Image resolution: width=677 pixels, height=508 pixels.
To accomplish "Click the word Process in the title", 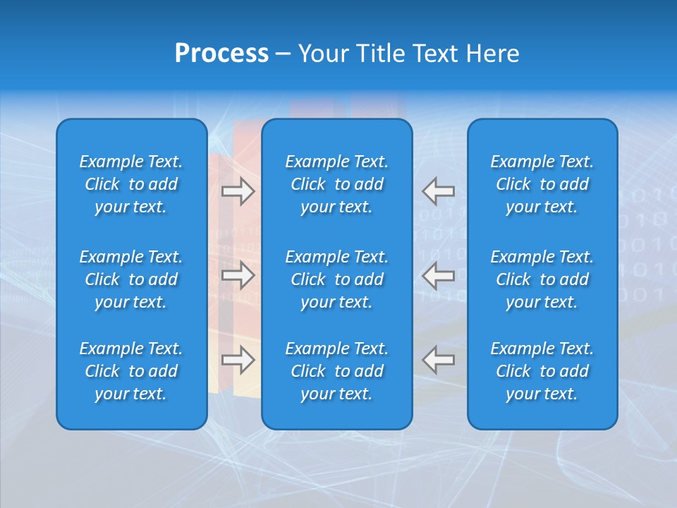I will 221,54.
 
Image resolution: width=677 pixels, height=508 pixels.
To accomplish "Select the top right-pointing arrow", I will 238,191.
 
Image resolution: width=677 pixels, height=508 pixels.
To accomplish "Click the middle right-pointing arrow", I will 238,276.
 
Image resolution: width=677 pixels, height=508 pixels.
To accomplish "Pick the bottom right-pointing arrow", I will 238,361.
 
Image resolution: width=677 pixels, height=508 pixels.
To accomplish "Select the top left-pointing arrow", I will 439,191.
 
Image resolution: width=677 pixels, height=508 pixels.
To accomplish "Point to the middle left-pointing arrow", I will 439,276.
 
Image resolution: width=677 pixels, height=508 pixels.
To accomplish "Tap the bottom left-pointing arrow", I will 439,361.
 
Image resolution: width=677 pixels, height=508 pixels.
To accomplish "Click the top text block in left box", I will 131,184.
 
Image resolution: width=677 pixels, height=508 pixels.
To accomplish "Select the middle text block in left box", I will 131,279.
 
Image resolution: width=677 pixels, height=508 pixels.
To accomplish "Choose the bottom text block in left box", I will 131,371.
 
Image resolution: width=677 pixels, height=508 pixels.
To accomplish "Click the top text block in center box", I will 336,184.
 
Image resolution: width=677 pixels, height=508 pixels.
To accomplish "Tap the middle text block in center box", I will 336,279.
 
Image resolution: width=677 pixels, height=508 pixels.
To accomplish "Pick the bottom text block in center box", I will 336,371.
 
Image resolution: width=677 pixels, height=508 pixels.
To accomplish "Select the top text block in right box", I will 542,184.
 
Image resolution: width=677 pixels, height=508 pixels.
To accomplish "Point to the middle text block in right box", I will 542,279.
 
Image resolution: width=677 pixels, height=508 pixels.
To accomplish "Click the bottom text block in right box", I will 542,371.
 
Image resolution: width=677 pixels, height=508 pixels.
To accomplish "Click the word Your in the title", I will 324,54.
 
